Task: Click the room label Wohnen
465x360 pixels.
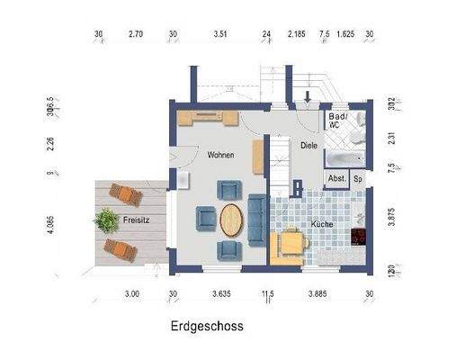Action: coord(220,156)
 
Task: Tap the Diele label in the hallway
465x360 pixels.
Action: coord(309,145)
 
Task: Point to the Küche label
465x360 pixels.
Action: coord(323,222)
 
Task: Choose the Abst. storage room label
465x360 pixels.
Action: coord(337,179)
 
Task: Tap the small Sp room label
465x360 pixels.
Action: coord(358,179)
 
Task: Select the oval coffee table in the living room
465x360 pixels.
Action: coord(232,220)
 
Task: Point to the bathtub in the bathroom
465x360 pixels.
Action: coord(346,159)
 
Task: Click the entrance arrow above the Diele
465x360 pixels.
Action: coord(309,95)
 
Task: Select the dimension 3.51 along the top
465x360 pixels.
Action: coord(220,35)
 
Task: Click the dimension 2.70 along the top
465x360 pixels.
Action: coord(136,35)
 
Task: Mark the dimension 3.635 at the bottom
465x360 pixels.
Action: coord(221,293)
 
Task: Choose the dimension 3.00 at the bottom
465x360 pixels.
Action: coord(131,293)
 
